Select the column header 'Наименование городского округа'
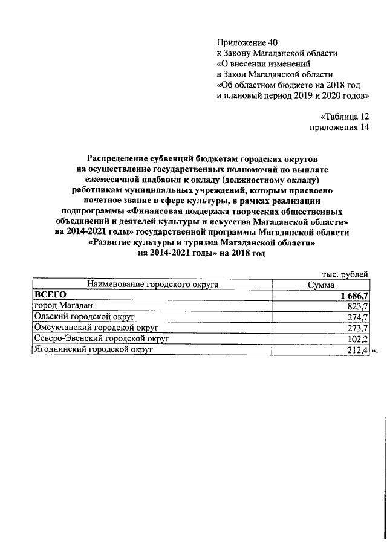pyautogui.click(x=152, y=284)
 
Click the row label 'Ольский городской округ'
pyautogui.click(x=83, y=317)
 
